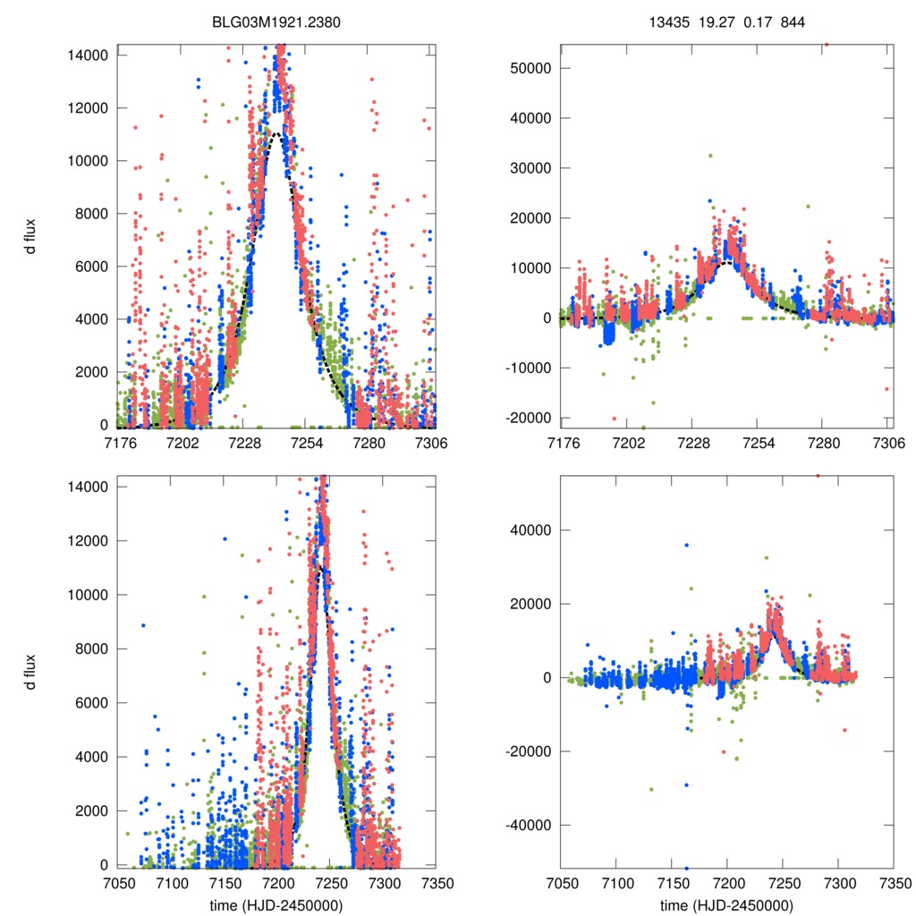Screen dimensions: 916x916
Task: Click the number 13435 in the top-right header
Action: tap(666, 21)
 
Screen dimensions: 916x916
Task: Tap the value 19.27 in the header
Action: tap(711, 21)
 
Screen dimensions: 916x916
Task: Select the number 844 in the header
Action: tap(793, 21)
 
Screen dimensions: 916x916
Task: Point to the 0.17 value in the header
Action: tap(753, 21)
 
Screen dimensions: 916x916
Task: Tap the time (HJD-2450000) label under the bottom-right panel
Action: tap(726, 905)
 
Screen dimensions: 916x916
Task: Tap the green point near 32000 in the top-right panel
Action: tap(710, 156)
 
